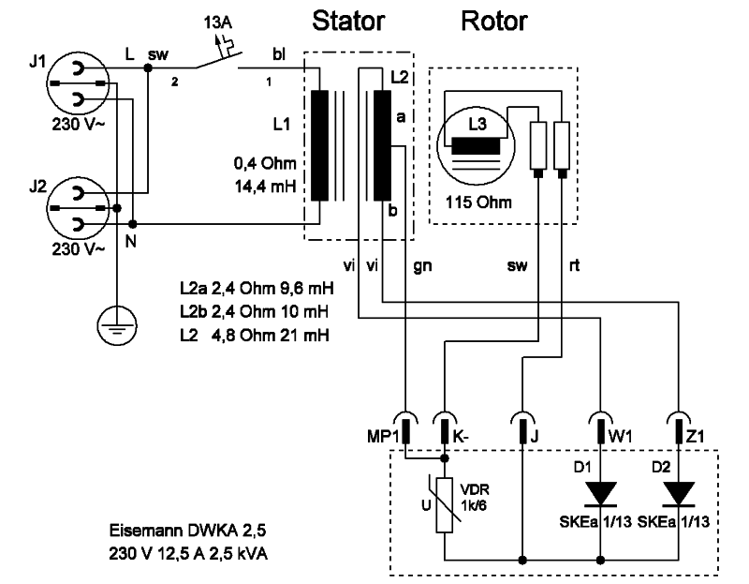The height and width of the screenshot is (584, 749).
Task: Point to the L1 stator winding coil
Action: (319, 145)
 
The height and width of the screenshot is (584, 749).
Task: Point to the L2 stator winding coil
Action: (380, 145)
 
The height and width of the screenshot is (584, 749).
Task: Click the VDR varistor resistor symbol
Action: (445, 502)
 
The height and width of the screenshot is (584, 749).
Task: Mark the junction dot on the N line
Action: (133, 224)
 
